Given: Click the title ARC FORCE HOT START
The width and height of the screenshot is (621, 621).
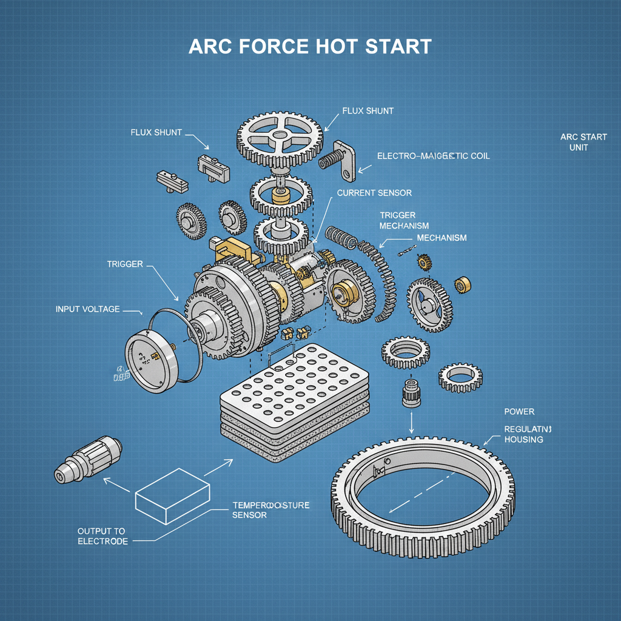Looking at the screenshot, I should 310,47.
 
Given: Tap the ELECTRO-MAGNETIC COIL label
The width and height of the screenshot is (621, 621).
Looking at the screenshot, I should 433,156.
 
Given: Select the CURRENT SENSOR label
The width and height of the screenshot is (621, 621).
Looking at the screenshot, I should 374,193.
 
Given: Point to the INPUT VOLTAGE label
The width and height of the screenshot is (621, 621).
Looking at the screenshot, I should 88,309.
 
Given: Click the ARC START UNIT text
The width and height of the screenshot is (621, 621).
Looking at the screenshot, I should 583,142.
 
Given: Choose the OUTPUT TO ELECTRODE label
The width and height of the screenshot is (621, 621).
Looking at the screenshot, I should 102,536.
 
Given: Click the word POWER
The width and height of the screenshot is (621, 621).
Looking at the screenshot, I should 519,412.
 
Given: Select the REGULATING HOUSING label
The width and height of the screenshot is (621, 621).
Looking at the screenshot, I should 523,434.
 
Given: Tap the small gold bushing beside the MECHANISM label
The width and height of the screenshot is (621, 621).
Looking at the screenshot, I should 464,284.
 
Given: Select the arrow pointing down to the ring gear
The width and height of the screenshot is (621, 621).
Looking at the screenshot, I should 412,421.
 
